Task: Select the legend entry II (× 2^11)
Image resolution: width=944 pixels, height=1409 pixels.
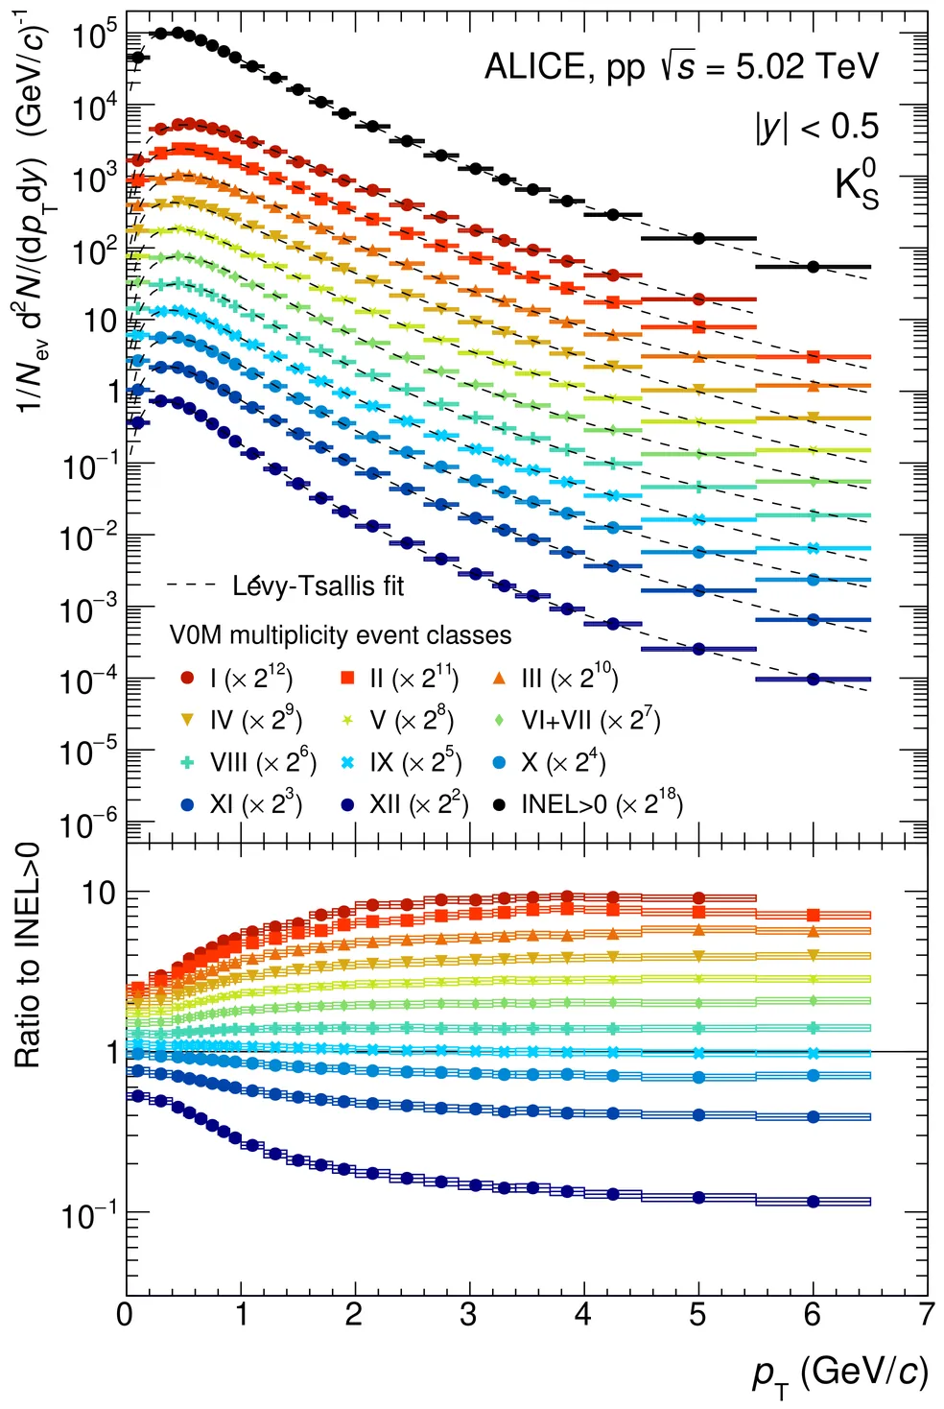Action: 400,679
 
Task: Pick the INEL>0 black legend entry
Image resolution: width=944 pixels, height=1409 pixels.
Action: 587,803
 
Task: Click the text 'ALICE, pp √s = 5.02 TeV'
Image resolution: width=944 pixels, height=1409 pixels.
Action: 681,67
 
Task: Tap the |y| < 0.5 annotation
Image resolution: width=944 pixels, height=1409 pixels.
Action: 816,127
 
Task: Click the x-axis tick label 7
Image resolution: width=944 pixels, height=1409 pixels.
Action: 926,1314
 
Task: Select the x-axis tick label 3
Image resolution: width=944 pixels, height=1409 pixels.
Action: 468,1314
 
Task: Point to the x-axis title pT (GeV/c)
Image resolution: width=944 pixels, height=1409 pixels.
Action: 839,1373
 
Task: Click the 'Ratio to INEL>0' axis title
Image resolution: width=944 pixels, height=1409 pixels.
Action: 28,955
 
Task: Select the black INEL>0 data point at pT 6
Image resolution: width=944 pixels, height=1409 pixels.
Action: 814,267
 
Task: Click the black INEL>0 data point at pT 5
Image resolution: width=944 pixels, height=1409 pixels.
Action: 698,238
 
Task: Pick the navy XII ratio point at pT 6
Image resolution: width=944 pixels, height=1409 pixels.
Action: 814,1201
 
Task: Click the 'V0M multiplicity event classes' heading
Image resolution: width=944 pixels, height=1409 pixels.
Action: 341,635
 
